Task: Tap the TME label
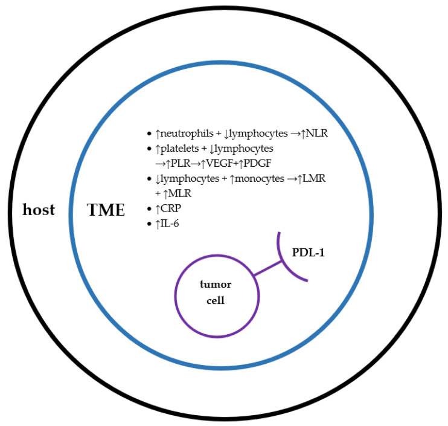pyautogui.click(x=106, y=210)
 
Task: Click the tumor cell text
pyautogui.click(x=216, y=292)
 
